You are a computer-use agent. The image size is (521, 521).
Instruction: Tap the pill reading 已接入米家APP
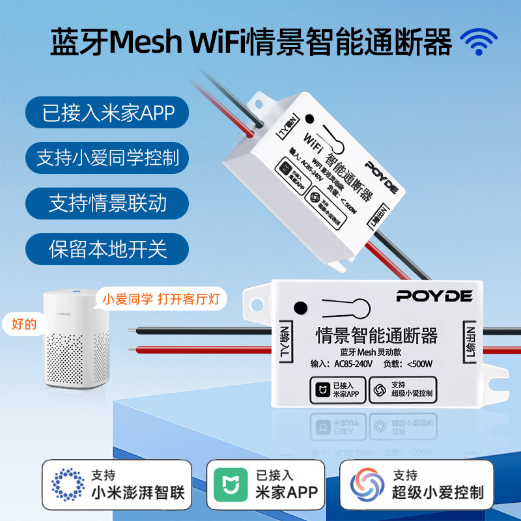pos(107,113)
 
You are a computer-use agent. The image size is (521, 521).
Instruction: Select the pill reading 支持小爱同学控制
pos(107,158)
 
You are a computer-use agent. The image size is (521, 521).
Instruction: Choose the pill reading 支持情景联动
pos(107,203)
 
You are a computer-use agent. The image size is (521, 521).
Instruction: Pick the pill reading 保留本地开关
pos(107,249)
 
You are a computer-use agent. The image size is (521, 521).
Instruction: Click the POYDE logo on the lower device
pos(434,296)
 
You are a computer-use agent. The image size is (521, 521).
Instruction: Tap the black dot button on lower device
pos(300,309)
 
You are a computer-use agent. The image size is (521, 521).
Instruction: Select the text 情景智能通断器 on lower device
pos(376,336)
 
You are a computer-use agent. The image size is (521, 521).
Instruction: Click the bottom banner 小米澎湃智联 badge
pos(118,485)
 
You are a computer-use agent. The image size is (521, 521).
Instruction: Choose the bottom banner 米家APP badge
pos(265,485)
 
